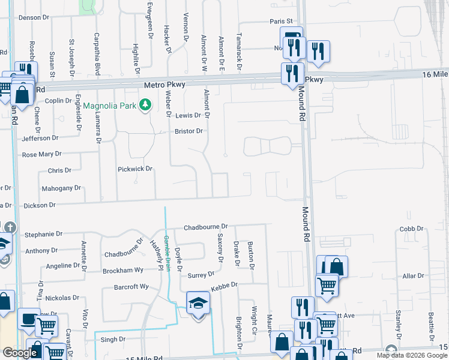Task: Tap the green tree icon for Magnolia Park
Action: click(x=145, y=106)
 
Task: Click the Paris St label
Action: click(x=280, y=21)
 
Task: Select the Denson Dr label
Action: click(x=33, y=17)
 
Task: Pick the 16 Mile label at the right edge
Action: click(x=435, y=74)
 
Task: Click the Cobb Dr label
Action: click(x=412, y=229)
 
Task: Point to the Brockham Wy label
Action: click(x=123, y=271)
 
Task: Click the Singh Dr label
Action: click(x=113, y=339)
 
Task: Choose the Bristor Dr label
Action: click(x=189, y=131)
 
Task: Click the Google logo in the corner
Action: click(x=19, y=353)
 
